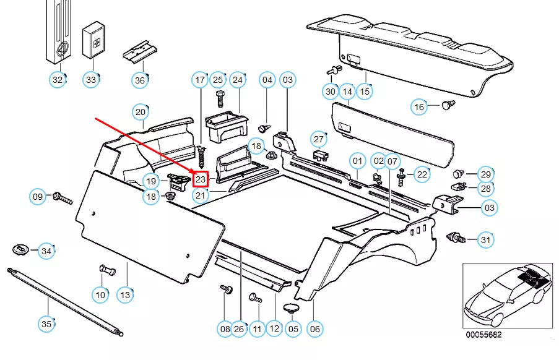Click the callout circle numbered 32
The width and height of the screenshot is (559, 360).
click(58, 80)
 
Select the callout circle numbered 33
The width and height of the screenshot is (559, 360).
click(92, 80)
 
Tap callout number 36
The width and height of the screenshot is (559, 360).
click(140, 80)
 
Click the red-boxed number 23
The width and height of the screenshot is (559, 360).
click(201, 179)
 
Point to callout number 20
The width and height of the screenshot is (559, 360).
click(141, 112)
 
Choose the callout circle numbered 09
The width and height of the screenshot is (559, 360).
click(38, 197)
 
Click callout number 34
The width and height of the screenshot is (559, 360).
click(46, 251)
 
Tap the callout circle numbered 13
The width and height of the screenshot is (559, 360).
click(125, 295)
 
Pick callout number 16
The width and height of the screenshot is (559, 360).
click(419, 107)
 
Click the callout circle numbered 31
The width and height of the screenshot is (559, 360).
click(485, 239)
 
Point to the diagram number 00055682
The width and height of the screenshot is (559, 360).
click(484, 335)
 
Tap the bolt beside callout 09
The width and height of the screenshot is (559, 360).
click(63, 198)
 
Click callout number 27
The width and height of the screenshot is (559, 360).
click(318, 139)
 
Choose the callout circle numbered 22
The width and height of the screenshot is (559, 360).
click(422, 174)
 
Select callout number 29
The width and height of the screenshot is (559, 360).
click(485, 174)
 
